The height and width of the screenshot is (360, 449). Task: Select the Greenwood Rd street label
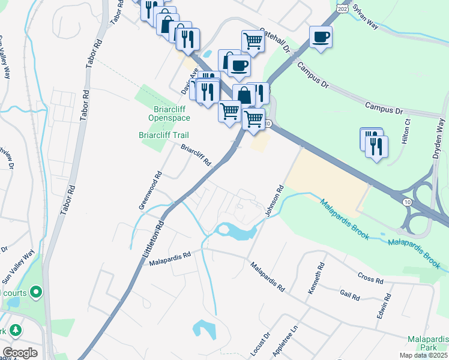click(x=151, y=191)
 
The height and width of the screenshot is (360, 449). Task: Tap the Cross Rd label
click(x=370, y=277)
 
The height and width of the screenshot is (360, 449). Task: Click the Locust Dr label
click(x=259, y=343)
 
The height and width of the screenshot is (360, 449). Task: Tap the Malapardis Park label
click(x=428, y=343)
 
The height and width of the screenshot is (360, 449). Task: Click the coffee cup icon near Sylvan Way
click(x=321, y=37)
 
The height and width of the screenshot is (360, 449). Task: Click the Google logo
click(x=20, y=352)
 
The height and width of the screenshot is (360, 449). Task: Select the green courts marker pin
click(x=35, y=292)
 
